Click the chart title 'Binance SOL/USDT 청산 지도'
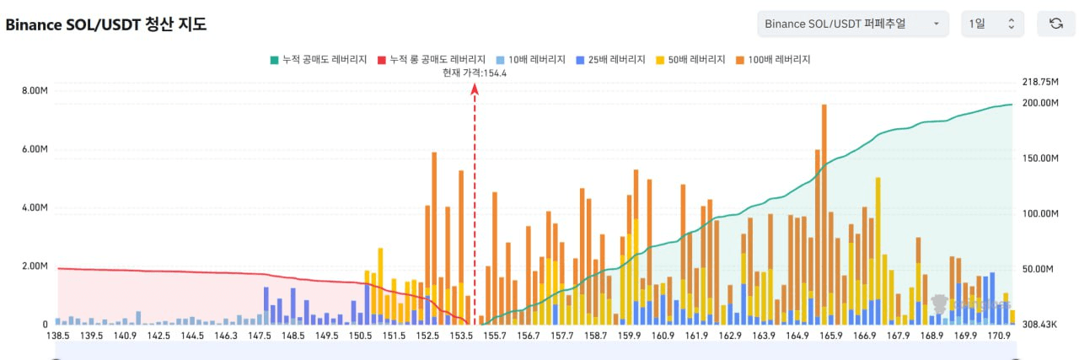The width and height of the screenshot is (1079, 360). [106, 24]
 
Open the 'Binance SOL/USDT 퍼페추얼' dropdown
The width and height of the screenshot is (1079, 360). [852, 24]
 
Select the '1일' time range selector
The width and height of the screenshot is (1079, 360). [992, 24]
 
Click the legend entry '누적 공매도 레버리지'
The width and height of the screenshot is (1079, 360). [318, 60]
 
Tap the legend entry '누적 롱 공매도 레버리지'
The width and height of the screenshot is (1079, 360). [431, 60]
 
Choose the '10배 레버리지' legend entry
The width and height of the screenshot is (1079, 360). [530, 60]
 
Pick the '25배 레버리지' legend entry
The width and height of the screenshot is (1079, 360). [610, 60]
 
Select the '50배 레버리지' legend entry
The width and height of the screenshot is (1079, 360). [691, 60]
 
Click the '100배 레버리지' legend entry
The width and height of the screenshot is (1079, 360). [774, 60]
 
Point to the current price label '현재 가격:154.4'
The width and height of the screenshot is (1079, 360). [475, 73]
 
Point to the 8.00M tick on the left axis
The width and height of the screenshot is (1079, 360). [35, 91]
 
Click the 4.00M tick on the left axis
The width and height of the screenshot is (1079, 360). [35, 208]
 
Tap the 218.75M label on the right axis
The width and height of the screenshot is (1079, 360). [1039, 82]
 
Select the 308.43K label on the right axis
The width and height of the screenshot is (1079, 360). [1039, 325]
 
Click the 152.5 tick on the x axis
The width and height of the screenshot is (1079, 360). [427, 336]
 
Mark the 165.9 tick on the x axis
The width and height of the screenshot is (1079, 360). [830, 336]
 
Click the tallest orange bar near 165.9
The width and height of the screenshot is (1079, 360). [824, 211]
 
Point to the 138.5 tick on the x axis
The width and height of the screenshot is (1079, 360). [58, 336]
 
